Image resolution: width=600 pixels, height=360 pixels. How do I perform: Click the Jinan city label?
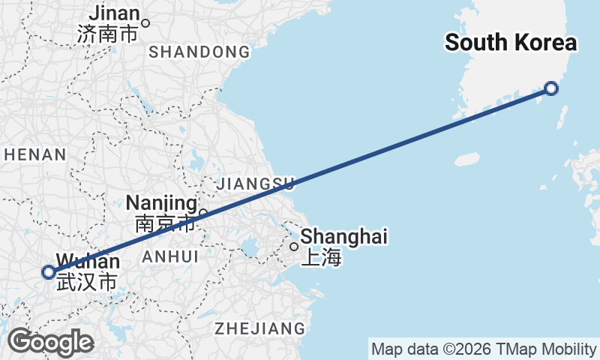click(x=114, y=13)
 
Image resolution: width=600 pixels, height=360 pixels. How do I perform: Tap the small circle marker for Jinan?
click(x=146, y=22)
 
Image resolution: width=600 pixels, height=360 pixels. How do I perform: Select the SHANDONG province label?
click(x=199, y=52)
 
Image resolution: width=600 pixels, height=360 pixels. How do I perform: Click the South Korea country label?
click(x=511, y=43)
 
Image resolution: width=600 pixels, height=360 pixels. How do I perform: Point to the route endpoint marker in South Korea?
click(x=551, y=88)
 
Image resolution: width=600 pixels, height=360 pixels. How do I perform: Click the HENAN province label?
click(x=34, y=155)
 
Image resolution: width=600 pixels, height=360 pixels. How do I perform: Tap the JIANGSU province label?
click(x=255, y=183)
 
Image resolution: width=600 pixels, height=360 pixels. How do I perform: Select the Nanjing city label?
click(x=160, y=202)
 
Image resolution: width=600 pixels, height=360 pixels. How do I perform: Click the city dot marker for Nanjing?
click(x=202, y=213)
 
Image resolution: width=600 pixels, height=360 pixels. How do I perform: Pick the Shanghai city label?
click(x=343, y=237)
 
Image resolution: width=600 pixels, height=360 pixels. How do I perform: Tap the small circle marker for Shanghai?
click(x=294, y=246)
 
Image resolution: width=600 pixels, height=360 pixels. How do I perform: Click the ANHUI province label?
click(x=170, y=256)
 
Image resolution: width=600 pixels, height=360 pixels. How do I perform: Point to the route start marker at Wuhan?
click(x=49, y=272)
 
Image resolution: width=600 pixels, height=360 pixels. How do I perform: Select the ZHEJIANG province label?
click(x=259, y=328)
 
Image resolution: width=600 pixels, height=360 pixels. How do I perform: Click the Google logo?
click(x=50, y=343)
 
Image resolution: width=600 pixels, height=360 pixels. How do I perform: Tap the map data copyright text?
click(x=483, y=349)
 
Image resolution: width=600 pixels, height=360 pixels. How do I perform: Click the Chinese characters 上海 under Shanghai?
click(x=321, y=259)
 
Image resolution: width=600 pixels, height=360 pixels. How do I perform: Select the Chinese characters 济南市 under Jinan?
click(x=108, y=34)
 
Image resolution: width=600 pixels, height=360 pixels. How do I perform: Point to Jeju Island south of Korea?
click(x=466, y=160)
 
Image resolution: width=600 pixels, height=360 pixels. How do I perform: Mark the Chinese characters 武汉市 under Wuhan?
click(x=87, y=283)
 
